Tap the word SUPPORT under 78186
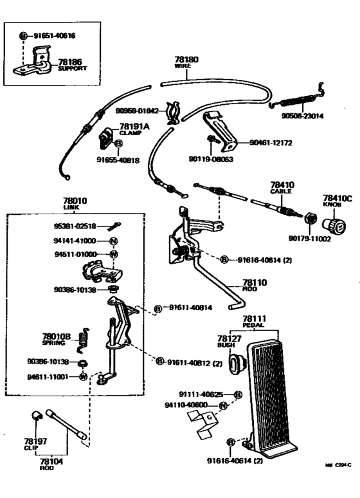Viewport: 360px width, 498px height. pos(72,69)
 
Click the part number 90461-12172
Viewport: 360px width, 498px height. pos(271,142)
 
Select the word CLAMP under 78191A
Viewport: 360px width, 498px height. pos(132,133)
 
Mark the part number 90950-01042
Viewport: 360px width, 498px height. pos(138,111)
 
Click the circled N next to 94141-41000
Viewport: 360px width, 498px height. pos(113,241)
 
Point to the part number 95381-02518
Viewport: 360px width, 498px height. pos(75,226)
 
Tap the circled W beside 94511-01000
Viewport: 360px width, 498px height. pos(113,254)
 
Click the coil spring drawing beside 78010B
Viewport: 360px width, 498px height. pos(82,340)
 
